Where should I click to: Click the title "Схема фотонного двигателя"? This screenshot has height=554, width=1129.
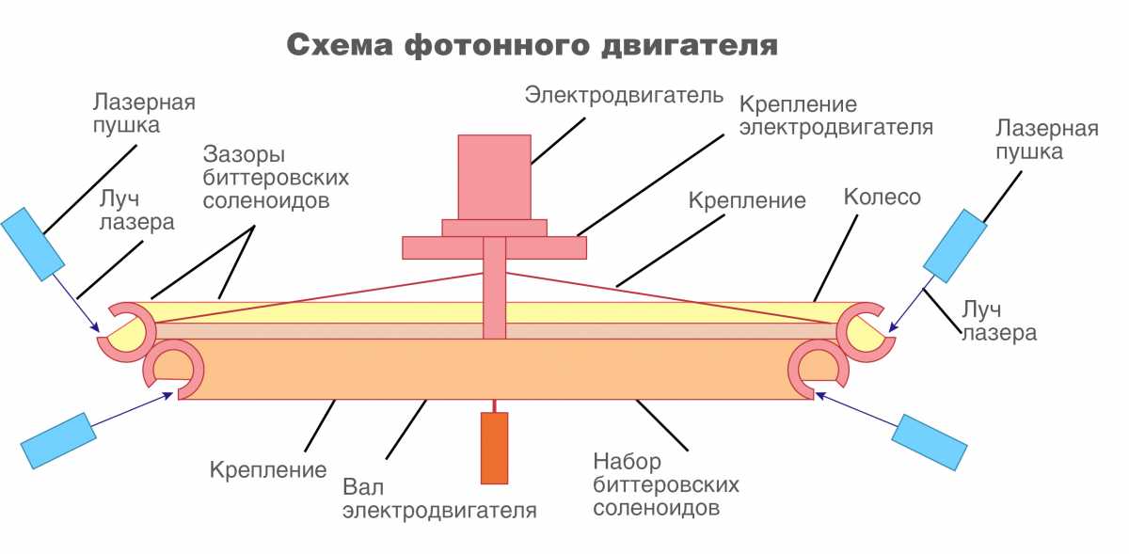(532, 45)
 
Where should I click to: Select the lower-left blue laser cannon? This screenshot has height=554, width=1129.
(58, 439)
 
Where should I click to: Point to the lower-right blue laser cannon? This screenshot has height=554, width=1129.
(929, 441)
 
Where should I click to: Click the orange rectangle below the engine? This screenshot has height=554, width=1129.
(494, 448)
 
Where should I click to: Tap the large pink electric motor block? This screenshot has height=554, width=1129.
(494, 176)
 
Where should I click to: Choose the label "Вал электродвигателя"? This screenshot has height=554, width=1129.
(439, 499)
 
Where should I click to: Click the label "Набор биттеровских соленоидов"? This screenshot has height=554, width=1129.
(666, 485)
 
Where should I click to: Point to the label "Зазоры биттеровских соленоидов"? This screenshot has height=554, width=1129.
(276, 177)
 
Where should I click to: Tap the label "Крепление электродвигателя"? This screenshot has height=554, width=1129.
(835, 115)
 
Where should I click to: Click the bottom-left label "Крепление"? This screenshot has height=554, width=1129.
(268, 468)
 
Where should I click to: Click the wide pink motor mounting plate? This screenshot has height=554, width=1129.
(494, 246)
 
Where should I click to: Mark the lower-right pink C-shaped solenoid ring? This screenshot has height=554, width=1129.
(819, 369)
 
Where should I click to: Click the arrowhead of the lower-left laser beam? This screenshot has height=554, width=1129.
(173, 394)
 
